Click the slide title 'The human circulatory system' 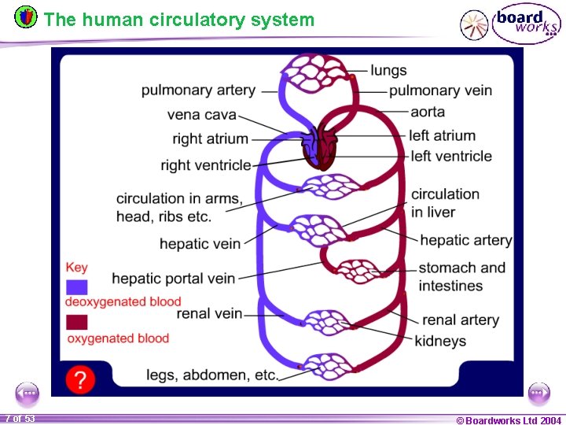(x=179, y=20)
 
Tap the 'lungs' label (x=388, y=70)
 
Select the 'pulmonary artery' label (x=198, y=90)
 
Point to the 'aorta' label (x=428, y=112)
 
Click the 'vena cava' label (x=201, y=115)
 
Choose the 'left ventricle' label (x=450, y=156)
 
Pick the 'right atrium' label (x=210, y=139)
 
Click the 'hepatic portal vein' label (x=173, y=278)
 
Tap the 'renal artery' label (x=460, y=320)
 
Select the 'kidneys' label (x=440, y=341)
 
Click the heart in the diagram (x=320, y=149)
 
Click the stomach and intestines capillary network (x=359, y=271)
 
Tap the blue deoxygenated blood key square (x=77, y=286)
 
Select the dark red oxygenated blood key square (x=77, y=323)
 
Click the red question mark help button (x=79, y=379)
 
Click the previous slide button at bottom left (x=27, y=393)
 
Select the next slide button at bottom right (x=538, y=393)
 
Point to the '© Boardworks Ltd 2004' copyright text (x=508, y=420)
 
